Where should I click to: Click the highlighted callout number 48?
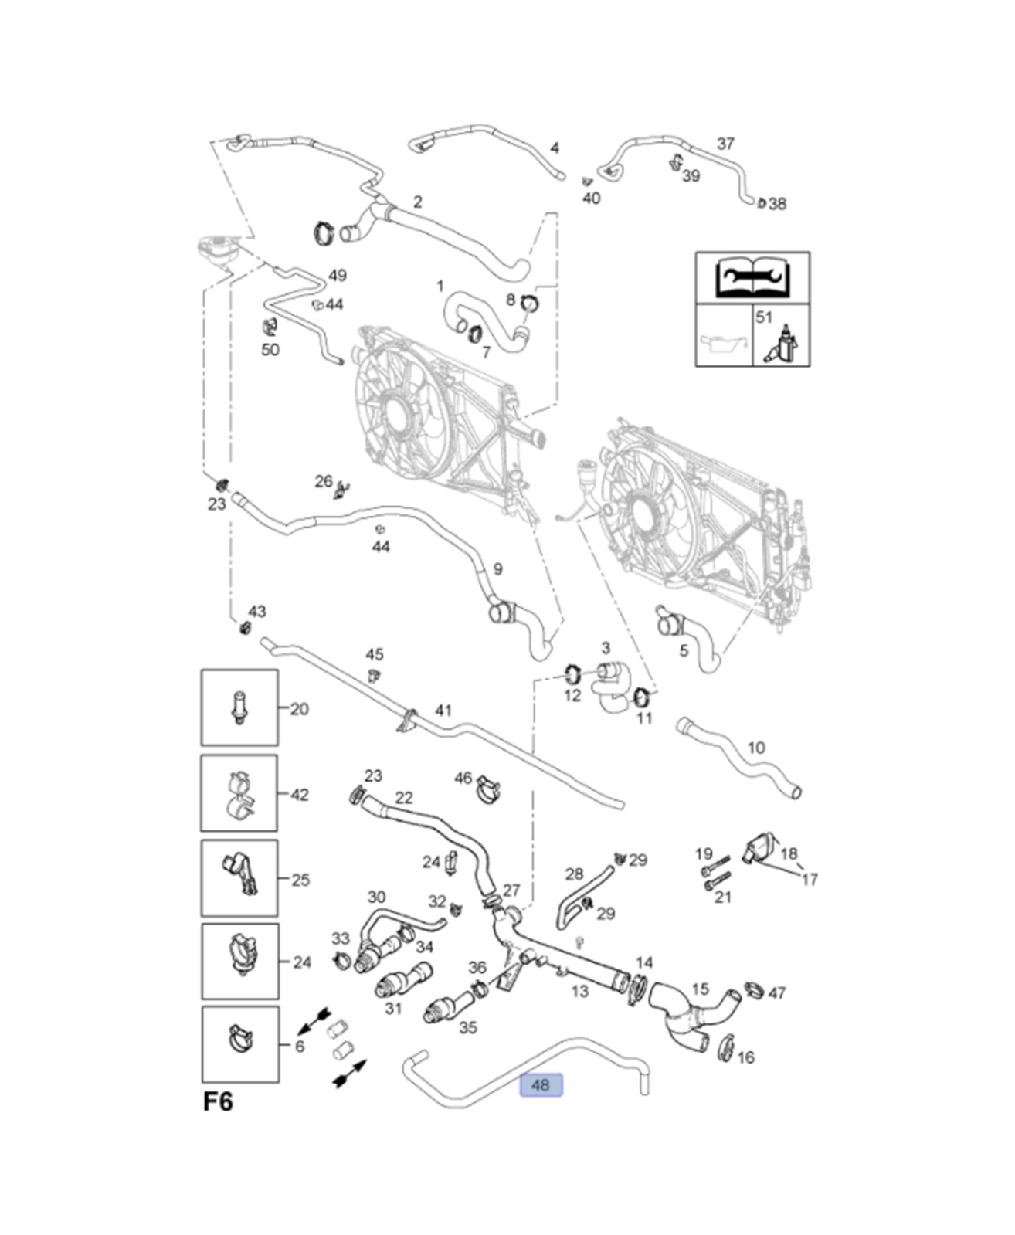pos(541,1085)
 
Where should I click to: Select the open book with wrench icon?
pos(752,277)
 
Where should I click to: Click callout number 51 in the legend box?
pos(764,317)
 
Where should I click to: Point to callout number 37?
pos(725,144)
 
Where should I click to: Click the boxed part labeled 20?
pos(239,707)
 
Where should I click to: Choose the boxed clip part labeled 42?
pos(239,793)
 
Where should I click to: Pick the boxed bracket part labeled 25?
pos(239,878)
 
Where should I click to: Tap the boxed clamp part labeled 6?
pos(240,1043)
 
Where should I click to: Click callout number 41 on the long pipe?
pos(443,710)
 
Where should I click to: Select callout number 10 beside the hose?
pos(756,748)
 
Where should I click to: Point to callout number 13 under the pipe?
pos(579,991)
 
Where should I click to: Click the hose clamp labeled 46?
pos(488,789)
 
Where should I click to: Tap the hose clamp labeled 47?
pos(754,989)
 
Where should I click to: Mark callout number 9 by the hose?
pos(497,569)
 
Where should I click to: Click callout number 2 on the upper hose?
pos(417,202)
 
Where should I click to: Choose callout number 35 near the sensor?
pos(468,1027)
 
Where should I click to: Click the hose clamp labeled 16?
pos(725,1047)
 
